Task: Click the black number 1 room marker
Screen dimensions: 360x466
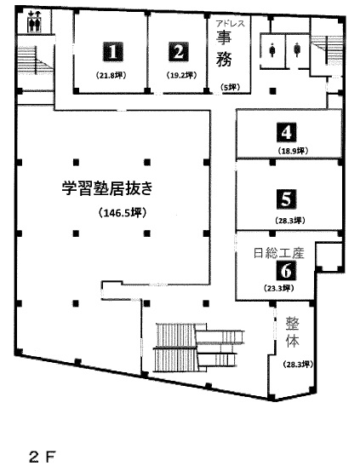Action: (113, 52)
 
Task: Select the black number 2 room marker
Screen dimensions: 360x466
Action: (179, 52)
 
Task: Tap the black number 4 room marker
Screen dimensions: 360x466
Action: (287, 132)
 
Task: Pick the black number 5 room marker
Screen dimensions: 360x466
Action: (287, 198)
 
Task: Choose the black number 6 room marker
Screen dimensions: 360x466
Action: (287, 270)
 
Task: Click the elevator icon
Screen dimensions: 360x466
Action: (34, 21)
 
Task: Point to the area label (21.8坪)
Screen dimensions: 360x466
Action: (111, 76)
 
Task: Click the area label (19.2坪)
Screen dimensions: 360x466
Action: (181, 76)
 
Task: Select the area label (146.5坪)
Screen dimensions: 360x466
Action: (123, 212)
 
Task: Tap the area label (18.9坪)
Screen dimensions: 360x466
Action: (293, 151)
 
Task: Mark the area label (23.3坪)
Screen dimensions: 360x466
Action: (278, 288)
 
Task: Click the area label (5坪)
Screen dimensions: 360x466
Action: (230, 88)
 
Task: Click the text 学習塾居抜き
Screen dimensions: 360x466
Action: (107, 187)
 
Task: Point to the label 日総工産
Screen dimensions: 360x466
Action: (279, 253)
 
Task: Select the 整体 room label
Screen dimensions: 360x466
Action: (292, 332)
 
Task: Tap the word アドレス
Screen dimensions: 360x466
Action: (231, 23)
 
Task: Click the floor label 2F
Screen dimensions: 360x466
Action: (43, 457)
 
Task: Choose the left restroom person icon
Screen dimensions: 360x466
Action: (271, 49)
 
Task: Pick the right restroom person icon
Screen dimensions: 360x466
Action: (297, 49)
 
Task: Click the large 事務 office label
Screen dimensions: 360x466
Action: (224, 49)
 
